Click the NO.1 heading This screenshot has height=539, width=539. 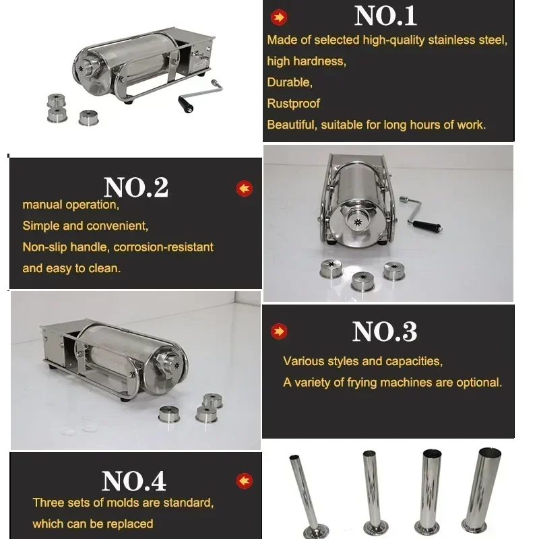385,16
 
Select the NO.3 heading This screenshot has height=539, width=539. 384,331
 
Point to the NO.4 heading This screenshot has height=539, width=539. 133,481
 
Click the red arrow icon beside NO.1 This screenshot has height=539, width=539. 277,18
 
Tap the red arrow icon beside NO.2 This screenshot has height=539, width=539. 244,188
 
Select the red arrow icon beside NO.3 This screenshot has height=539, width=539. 278,331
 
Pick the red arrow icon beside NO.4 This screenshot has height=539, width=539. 244,480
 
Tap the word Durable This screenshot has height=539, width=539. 288,82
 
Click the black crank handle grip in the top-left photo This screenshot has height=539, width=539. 185,104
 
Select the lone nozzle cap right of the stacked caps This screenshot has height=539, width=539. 88,118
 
